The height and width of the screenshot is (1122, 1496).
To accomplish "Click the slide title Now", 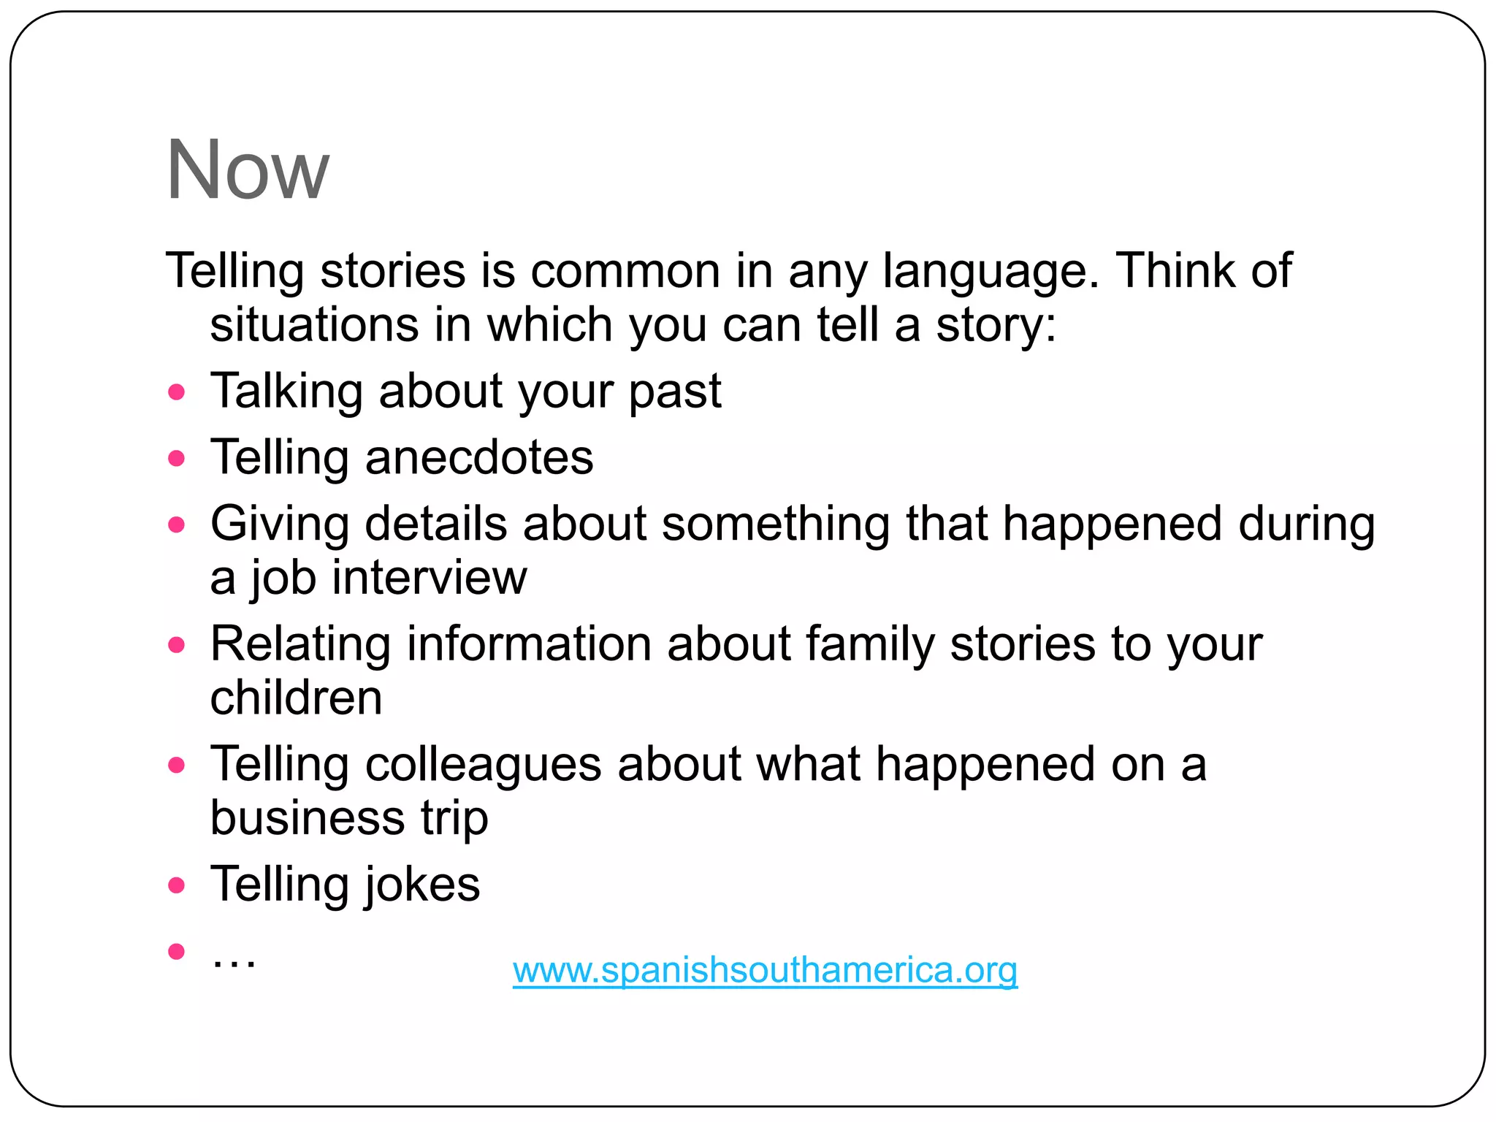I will point(248,169).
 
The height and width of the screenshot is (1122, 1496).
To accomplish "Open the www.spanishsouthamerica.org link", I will point(765,970).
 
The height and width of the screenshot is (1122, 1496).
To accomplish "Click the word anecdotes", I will point(478,458).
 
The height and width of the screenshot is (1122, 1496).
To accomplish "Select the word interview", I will point(429,578).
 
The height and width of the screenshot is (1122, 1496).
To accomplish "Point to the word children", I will point(296,698).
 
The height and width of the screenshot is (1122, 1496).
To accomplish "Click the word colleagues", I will point(483,765).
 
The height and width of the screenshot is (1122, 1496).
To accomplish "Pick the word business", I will point(307,817).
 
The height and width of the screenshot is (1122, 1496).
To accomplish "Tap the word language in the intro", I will point(990,271).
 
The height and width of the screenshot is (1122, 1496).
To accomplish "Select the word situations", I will point(314,324).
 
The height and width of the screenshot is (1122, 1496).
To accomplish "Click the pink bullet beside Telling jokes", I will point(176,885).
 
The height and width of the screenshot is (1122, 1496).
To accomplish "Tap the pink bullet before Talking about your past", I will point(176,392).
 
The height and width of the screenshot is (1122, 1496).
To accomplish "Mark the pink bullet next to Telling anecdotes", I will point(176,459).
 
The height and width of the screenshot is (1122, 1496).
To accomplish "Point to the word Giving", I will point(279,524).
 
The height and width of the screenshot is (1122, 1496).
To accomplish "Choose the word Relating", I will point(300,644).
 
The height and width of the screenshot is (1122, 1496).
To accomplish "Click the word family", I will point(870,644).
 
